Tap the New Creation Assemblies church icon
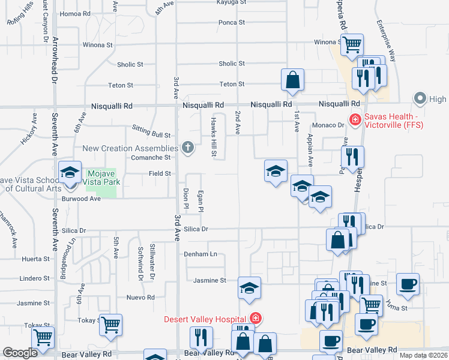pyautogui.click(x=188, y=148)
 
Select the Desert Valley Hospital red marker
pyautogui.click(x=256, y=318)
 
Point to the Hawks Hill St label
pyautogui.click(x=213, y=136)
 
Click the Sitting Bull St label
pyautogui.click(x=151, y=136)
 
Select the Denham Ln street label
pyautogui.click(x=200, y=254)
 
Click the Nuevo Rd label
pyautogui.click(x=140, y=298)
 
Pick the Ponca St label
pyautogui.click(x=232, y=23)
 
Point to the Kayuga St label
pyautogui.click(x=231, y=2)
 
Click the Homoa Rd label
pyautogui.click(x=74, y=14)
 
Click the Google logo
pyautogui.click(x=20, y=353)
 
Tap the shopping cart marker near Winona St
pyautogui.click(x=351, y=44)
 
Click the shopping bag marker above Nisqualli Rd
pyautogui.click(x=292, y=80)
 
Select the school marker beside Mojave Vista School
pyautogui.click(x=70, y=172)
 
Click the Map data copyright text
pyautogui.click(x=423, y=355)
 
